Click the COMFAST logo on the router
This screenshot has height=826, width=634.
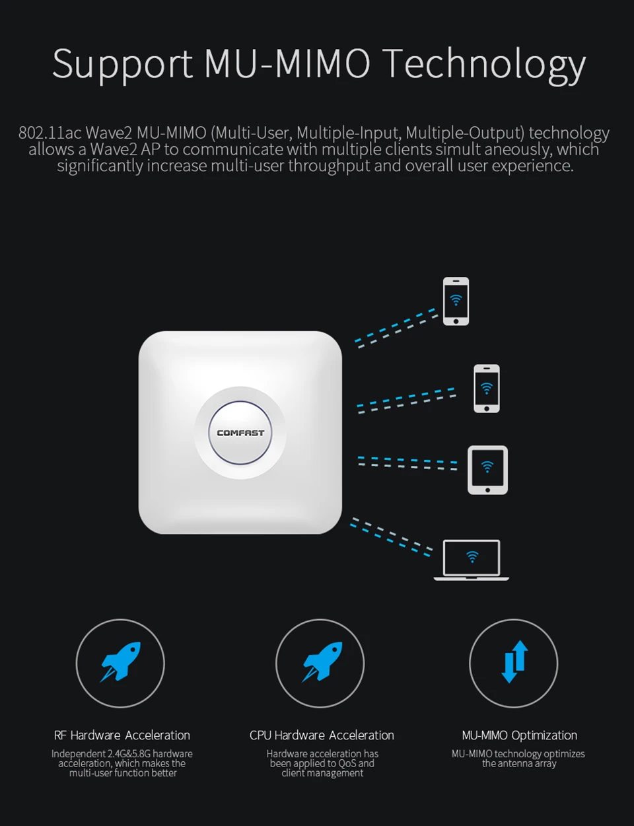240,433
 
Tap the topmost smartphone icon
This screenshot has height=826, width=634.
456,301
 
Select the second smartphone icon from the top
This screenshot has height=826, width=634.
487,389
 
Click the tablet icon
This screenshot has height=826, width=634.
487,470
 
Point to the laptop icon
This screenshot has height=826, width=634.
472,560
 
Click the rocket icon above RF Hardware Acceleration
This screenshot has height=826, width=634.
120,663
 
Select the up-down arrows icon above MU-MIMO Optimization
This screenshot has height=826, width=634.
514,662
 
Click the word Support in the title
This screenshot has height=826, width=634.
122,65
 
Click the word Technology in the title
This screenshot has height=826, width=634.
483,65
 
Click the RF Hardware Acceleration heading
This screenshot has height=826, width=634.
122,735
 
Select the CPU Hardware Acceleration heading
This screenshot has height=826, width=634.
322,735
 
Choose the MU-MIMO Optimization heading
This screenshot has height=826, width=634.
520,735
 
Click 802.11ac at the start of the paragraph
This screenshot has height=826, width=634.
50,133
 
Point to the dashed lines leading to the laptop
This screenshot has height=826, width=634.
391,536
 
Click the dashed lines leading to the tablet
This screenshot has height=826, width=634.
407,463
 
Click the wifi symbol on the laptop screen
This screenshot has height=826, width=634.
472,557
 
